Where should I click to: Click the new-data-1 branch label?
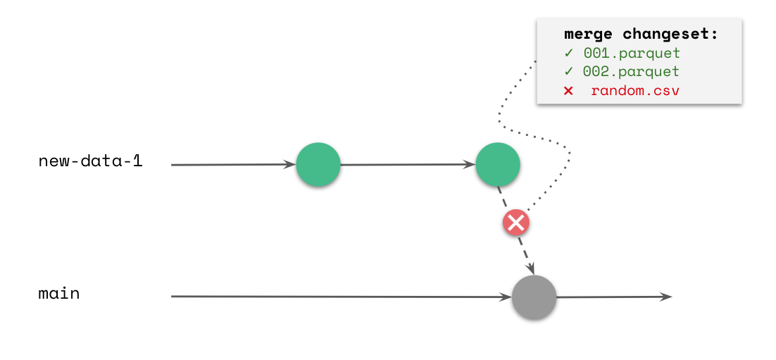coord(90,161)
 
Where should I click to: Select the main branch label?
coord(59,294)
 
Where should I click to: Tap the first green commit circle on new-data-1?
coord(318,164)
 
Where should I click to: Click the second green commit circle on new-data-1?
coord(498,164)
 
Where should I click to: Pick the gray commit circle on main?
coord(534,297)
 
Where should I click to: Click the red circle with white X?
coord(516,223)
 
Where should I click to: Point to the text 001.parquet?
coord(632,53)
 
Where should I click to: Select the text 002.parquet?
coord(632,71)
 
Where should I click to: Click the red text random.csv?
coord(635,90)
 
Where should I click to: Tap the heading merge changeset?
coord(641,34)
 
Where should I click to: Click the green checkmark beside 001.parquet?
coord(568,53)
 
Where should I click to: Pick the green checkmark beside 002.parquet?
coord(568,71)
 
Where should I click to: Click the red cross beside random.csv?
coord(568,90)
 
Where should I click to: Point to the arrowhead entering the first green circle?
coord(290,164)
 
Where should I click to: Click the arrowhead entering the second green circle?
coord(470,164)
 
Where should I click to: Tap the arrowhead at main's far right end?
coord(666,297)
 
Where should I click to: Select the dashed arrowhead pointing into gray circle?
coord(531,269)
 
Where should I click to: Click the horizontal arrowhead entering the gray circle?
coord(506,297)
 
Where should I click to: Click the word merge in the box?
coord(589,34)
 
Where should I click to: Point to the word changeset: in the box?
coord(670,34)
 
